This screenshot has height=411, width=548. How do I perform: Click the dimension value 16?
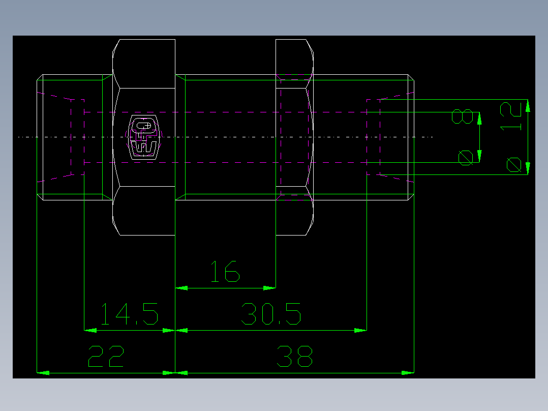click(225, 272)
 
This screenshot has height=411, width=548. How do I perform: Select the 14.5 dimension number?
click(129, 314)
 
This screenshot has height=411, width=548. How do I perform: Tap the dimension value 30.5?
click(271, 314)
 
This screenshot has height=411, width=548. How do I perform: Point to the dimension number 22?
click(106, 357)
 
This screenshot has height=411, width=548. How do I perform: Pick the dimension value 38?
click(294, 357)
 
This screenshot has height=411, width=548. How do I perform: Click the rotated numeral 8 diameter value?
click(463, 116)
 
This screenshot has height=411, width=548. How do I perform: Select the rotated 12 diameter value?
click(511, 116)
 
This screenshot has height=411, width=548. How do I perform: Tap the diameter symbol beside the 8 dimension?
click(465, 158)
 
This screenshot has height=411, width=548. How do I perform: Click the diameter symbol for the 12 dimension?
click(513, 165)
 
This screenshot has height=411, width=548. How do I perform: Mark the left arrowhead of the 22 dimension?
click(44, 373)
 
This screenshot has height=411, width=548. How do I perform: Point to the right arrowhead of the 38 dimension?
click(408, 373)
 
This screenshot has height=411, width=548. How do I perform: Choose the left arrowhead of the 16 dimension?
click(181, 288)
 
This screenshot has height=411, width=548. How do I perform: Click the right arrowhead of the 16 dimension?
click(269, 288)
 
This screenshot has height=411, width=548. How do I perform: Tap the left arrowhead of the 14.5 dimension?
click(90, 330)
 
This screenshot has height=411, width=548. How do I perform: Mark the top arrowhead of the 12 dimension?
click(528, 105)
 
